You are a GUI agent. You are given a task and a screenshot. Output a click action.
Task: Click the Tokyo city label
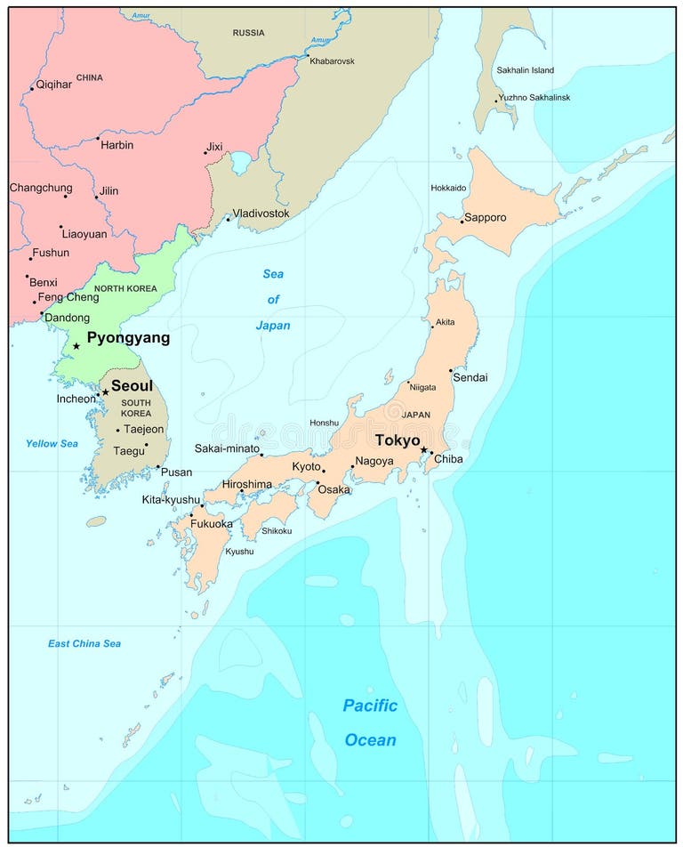point(397,440)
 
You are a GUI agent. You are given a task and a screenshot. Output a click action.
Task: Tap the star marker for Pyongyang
point(76,346)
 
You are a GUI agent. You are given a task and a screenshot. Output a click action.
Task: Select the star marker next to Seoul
point(105,391)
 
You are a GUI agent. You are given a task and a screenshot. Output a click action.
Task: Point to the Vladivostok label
point(261,214)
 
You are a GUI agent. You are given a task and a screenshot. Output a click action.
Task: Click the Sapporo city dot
point(462,222)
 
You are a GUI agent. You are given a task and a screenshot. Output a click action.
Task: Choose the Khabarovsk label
point(332,60)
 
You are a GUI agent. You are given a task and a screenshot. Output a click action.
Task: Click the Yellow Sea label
point(52,443)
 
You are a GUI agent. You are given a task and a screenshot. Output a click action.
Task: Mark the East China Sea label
point(84,643)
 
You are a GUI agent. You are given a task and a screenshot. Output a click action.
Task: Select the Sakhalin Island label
point(525,70)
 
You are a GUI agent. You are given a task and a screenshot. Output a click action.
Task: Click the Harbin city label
point(117,145)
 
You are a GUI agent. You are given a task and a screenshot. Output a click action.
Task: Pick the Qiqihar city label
point(54,85)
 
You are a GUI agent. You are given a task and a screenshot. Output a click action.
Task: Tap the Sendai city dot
point(451,370)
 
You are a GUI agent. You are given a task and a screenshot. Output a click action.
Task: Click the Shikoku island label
point(277,531)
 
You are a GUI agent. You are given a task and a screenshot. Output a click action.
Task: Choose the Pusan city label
point(176,472)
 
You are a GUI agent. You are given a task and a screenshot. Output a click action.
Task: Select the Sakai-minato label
point(226,449)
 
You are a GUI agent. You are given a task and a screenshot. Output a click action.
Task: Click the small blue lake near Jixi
point(241,163)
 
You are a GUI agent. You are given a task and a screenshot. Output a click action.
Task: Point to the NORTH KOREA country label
point(125,288)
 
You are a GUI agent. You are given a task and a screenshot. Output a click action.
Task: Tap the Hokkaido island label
point(448,188)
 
